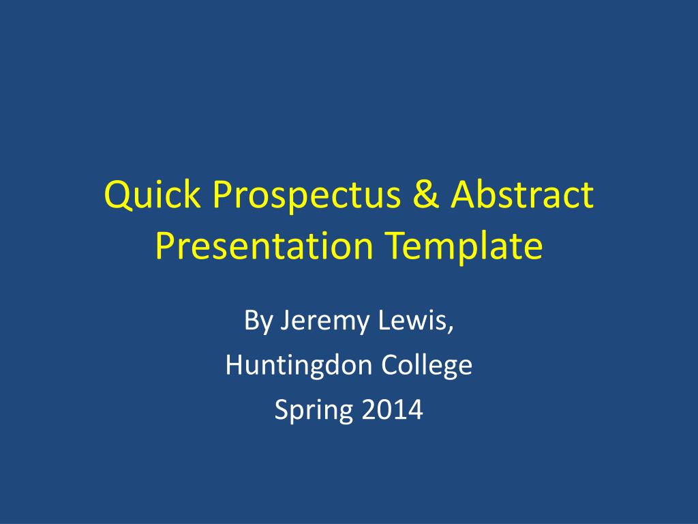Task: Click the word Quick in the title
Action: [x=152, y=194]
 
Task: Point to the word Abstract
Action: [x=522, y=194]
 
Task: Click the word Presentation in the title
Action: [x=264, y=245]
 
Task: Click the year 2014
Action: [x=392, y=409]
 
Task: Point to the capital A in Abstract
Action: [x=464, y=194]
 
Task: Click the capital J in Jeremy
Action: [x=285, y=321]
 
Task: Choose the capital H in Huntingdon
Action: [x=235, y=364]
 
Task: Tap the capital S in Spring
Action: [x=282, y=409]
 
